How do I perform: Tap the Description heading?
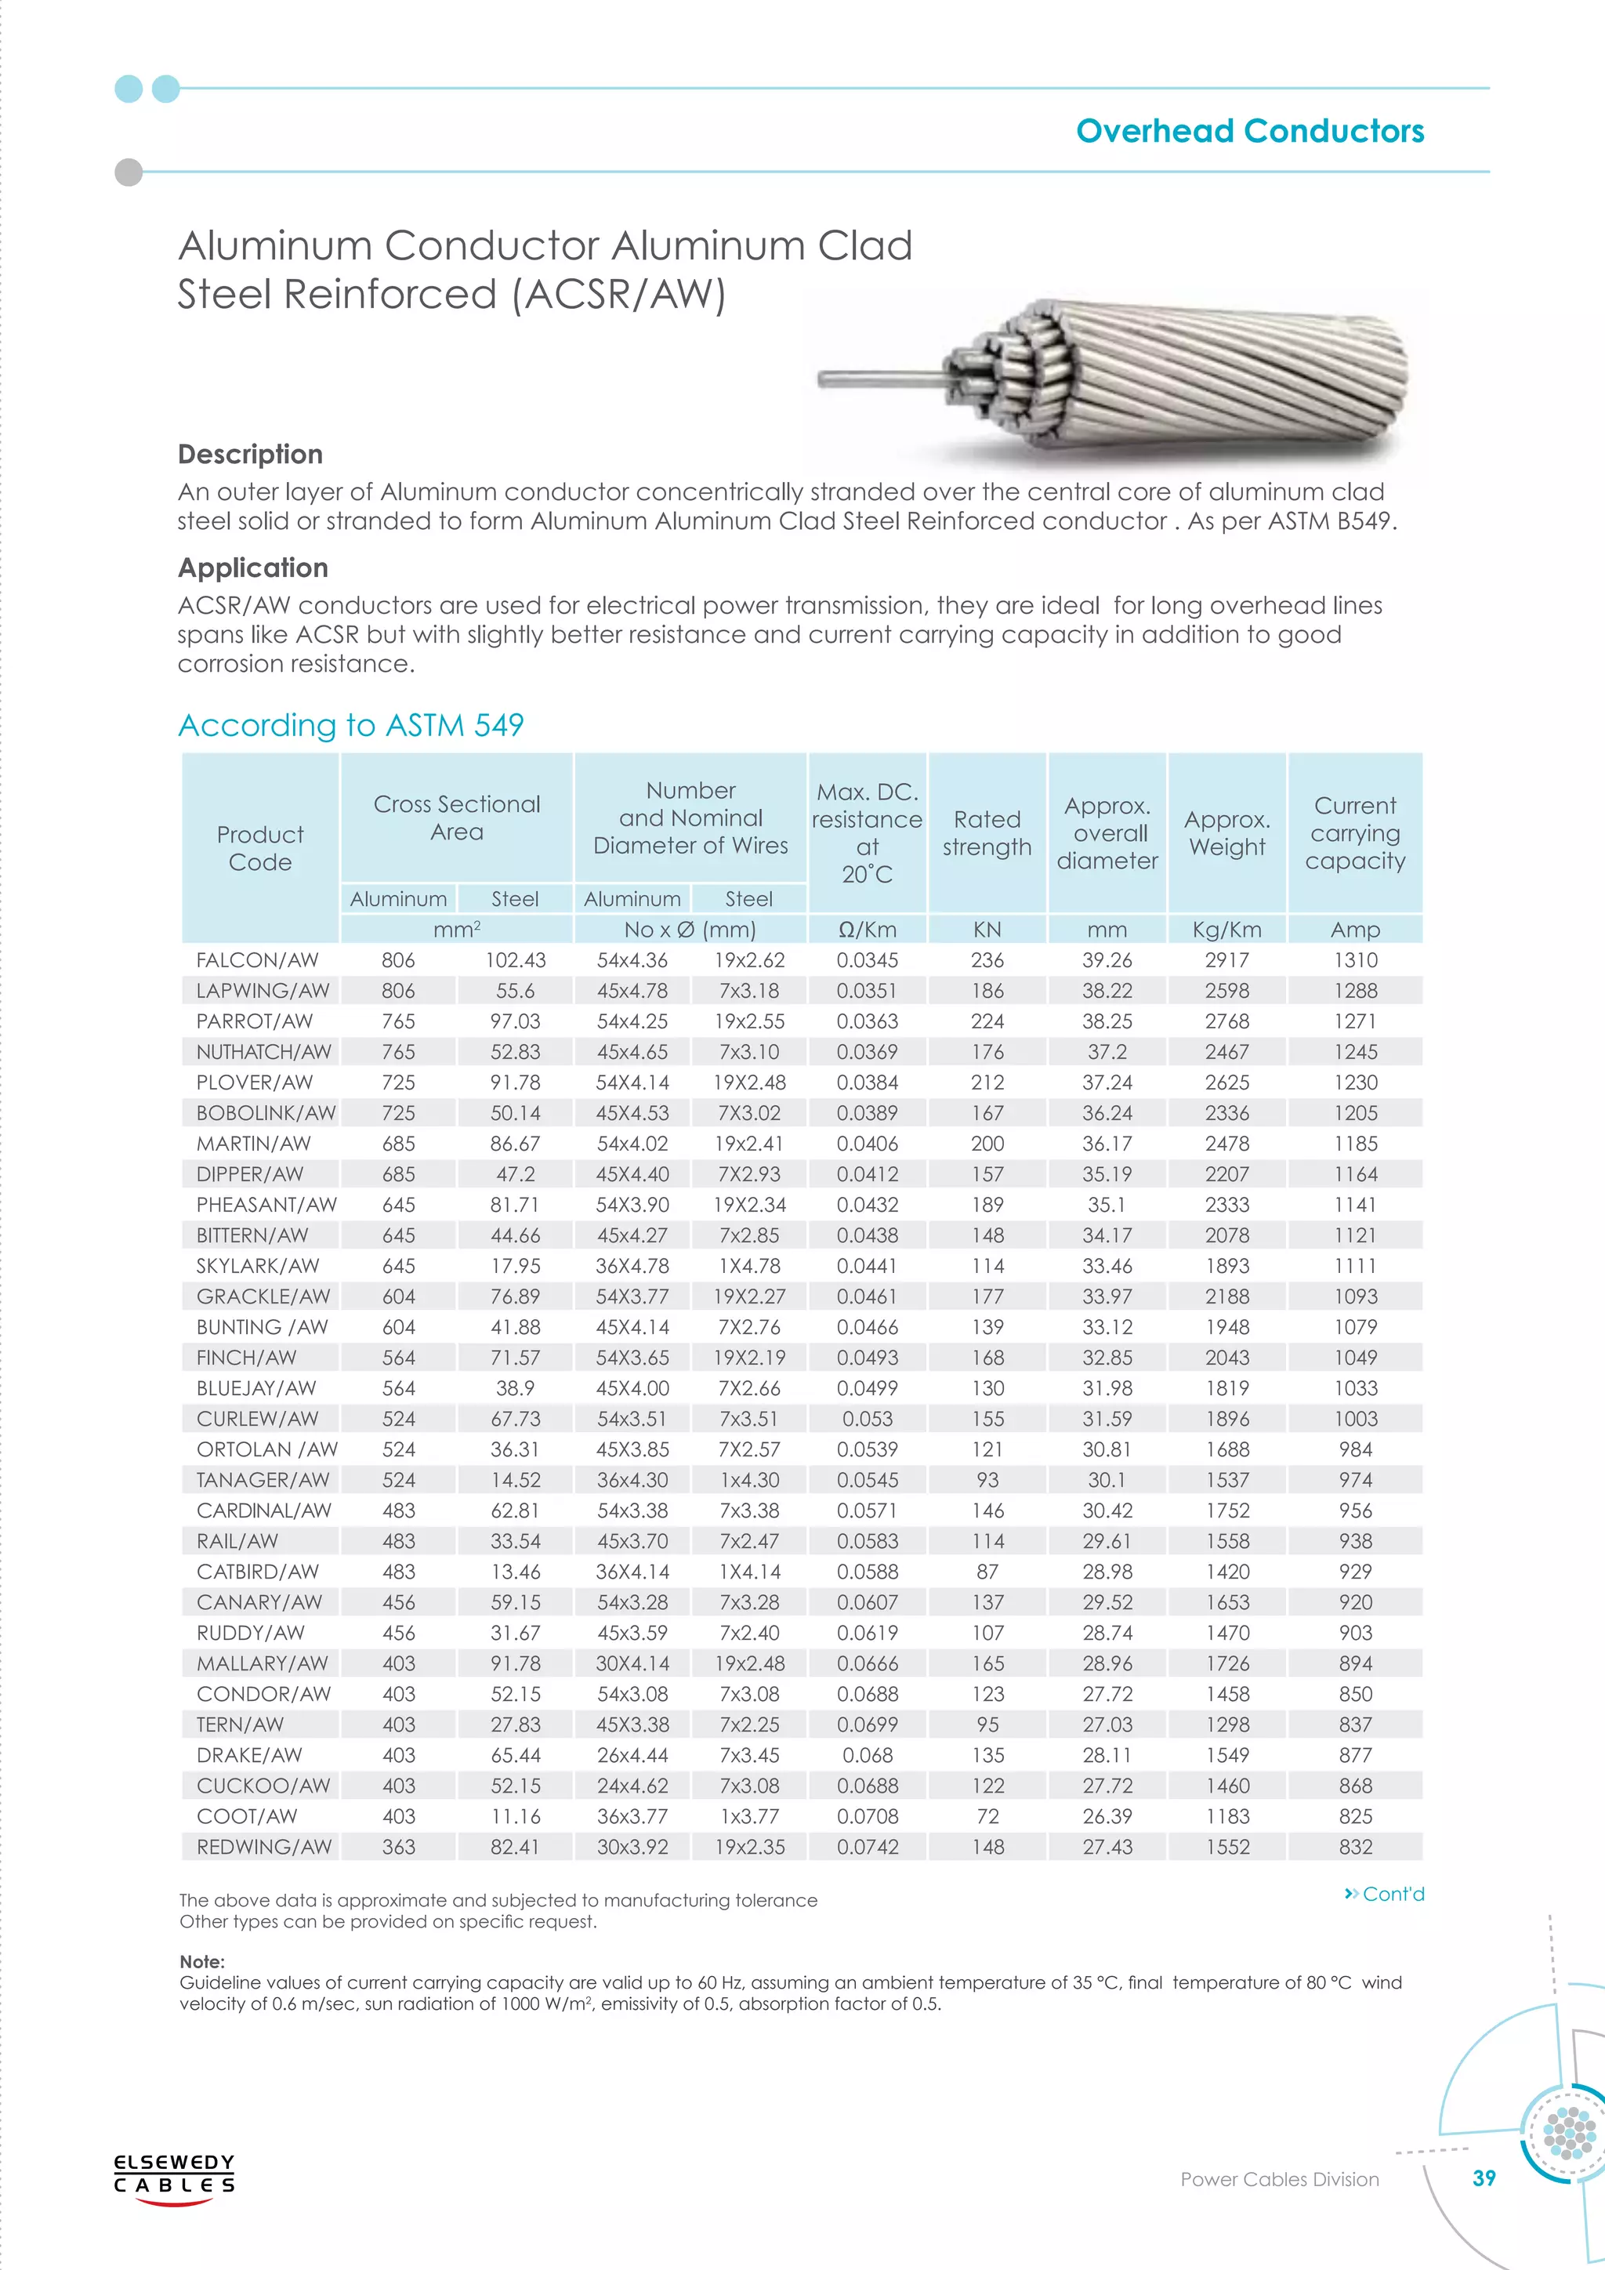[x=250, y=454]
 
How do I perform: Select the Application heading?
[x=253, y=567]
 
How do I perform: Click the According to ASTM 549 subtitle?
[x=351, y=725]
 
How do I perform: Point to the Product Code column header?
[x=260, y=847]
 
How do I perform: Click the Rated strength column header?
[x=987, y=832]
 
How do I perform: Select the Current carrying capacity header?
[x=1354, y=832]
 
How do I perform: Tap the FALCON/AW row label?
[x=257, y=960]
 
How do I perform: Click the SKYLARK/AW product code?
[x=257, y=1265]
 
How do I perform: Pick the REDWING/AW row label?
[x=263, y=1847]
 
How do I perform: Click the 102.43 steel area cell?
[x=515, y=960]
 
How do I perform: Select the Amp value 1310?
[x=1355, y=960]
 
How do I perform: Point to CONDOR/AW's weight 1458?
[x=1226, y=1694]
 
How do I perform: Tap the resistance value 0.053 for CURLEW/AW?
[x=867, y=1419]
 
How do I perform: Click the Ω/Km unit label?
[x=867, y=930]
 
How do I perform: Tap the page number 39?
[x=1484, y=2206]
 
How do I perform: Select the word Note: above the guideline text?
[x=201, y=1961]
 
